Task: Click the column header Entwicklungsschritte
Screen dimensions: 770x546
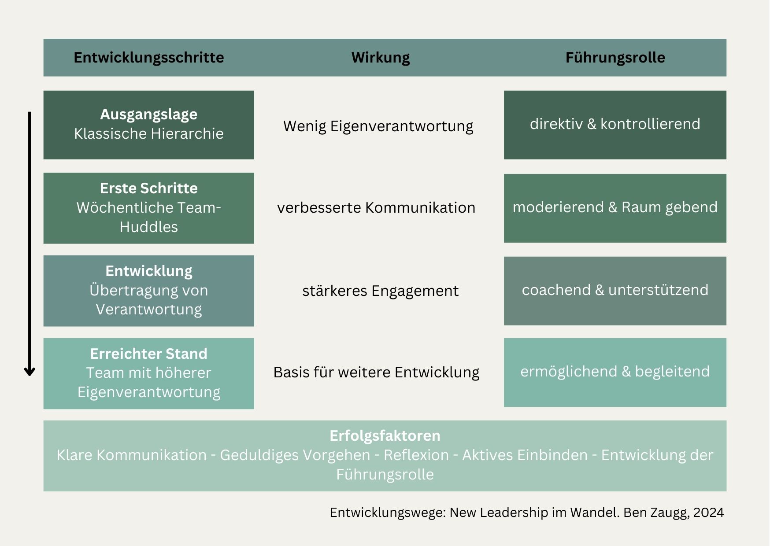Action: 149,58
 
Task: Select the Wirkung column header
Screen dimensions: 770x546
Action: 381,58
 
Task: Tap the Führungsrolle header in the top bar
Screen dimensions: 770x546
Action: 615,58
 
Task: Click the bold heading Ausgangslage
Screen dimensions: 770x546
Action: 149,114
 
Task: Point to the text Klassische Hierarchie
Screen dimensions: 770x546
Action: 149,133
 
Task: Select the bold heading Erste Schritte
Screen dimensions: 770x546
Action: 149,188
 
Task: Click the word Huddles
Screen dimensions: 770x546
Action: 149,227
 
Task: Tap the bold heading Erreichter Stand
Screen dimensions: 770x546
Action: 149,354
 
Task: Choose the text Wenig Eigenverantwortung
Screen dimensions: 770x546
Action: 378,126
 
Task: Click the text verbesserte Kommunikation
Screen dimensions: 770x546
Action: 376,207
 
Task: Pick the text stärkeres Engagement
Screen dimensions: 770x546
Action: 381,291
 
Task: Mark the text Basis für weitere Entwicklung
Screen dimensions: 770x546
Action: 376,373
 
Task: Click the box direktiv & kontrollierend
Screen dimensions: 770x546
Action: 615,125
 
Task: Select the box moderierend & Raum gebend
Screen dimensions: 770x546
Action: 615,208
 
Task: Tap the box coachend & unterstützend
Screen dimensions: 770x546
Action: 615,291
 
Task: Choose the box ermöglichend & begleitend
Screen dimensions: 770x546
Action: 615,373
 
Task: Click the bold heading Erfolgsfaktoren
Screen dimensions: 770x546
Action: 385,436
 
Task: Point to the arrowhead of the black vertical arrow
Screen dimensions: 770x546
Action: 30,374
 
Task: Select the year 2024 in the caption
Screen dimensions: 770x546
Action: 709,513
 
